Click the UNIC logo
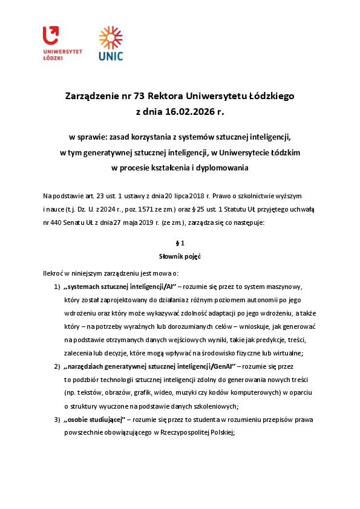point(111,44)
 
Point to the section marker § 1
point(180,244)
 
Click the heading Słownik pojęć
point(180,257)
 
